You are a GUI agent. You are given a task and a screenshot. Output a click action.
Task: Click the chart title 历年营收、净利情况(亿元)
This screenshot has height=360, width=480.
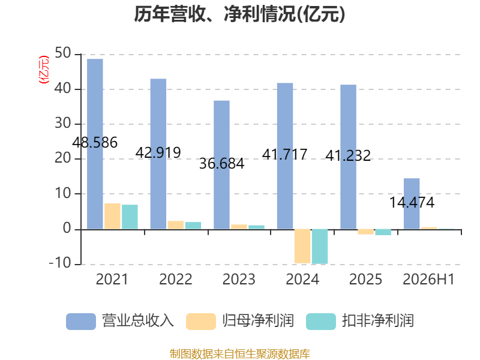239,14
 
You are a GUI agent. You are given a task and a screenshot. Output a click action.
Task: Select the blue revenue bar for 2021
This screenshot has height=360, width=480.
95,144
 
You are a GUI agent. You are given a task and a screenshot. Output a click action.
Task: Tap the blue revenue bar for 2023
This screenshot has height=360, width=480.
221,164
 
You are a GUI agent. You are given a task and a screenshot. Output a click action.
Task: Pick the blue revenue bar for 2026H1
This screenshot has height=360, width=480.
412,203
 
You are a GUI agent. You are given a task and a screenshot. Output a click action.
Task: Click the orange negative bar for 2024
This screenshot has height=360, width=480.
302,246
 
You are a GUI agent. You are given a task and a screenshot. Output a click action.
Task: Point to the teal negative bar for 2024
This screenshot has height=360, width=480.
320,247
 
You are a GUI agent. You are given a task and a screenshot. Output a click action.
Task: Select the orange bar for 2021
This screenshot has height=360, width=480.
112,216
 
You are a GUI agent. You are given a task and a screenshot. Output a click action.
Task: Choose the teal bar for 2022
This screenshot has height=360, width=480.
193,226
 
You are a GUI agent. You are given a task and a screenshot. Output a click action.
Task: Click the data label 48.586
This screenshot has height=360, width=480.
95,143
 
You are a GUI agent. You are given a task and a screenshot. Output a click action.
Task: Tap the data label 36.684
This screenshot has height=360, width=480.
221,163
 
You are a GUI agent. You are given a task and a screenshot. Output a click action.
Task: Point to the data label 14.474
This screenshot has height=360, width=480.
412,203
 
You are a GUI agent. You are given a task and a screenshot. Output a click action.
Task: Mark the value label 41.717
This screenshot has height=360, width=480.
284,154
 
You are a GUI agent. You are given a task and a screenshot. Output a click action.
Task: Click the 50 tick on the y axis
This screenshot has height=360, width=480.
63,53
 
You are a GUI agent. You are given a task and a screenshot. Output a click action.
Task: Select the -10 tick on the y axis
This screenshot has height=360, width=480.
60,263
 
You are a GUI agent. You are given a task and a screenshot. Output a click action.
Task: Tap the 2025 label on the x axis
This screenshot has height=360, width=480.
365,279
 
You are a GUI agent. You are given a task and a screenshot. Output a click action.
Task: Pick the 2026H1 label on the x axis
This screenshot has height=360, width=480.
428,279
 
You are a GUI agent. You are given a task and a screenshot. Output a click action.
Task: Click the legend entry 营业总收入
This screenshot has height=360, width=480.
120,321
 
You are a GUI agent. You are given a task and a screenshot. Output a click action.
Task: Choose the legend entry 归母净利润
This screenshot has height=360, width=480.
240,321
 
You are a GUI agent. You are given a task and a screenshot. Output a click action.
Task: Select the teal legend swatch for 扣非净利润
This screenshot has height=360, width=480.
321,322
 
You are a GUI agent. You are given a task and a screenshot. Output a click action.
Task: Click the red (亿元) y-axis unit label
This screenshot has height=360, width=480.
43,70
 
